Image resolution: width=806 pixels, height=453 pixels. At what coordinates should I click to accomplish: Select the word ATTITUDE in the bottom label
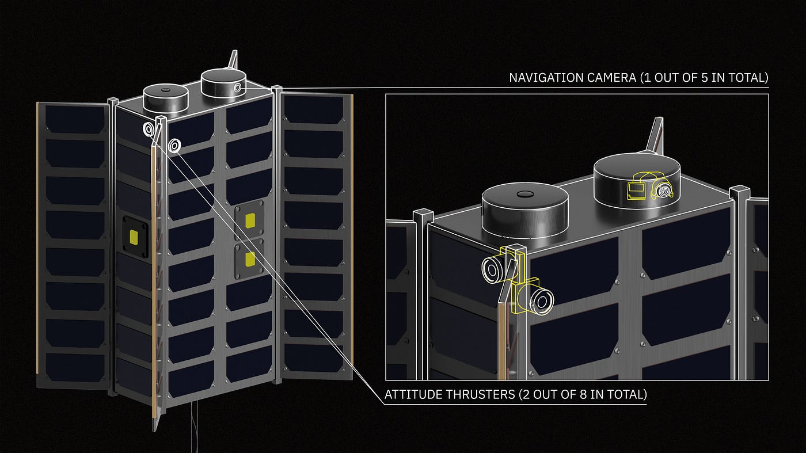(x=413, y=394)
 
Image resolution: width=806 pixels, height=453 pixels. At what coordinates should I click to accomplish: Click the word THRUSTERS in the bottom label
(x=480, y=394)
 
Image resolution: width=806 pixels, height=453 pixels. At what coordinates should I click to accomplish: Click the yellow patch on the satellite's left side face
(x=134, y=237)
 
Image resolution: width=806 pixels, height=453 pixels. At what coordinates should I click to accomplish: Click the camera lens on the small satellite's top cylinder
(x=238, y=87)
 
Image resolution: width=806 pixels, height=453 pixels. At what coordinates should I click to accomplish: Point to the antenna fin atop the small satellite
(x=233, y=59)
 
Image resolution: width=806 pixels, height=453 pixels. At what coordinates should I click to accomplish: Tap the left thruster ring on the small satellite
(x=149, y=129)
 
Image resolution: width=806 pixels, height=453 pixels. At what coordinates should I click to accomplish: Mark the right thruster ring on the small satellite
(x=175, y=146)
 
